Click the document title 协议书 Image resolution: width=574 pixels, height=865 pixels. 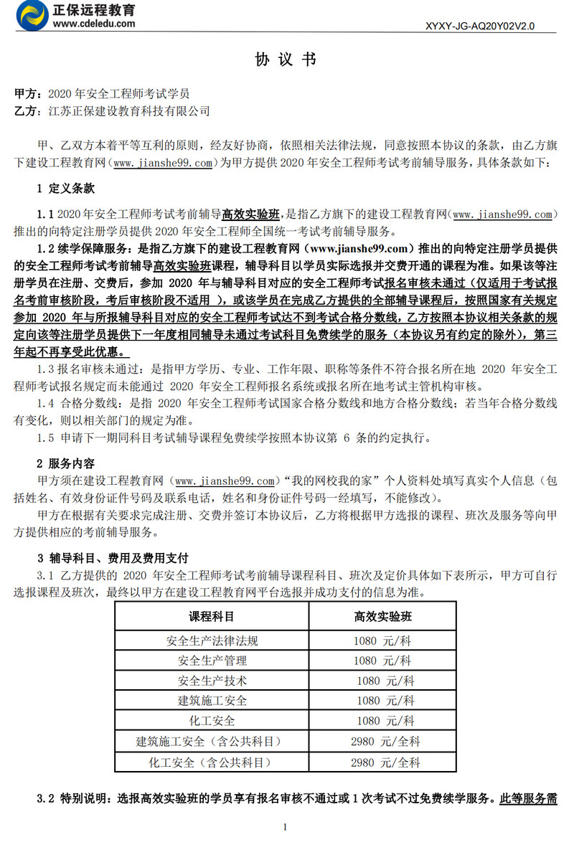[x=286, y=60]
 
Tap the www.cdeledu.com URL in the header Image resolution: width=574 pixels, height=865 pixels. [x=93, y=23]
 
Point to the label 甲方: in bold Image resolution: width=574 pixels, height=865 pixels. [x=29, y=94]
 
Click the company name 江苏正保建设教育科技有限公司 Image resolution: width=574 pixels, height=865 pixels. [x=128, y=111]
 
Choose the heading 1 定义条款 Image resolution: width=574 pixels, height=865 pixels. [x=65, y=189]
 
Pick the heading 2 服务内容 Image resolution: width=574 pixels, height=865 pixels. [x=65, y=463]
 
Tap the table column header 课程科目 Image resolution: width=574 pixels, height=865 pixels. [x=212, y=616]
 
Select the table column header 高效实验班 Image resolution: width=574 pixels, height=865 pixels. [x=382, y=616]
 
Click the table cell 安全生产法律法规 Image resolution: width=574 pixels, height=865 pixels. [x=212, y=640]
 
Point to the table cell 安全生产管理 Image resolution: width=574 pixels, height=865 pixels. [x=212, y=660]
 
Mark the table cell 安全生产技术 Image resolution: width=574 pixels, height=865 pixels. [x=212, y=680]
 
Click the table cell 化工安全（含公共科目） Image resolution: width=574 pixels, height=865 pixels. [x=212, y=762]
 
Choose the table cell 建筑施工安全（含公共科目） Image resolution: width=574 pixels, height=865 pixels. [x=212, y=741]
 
